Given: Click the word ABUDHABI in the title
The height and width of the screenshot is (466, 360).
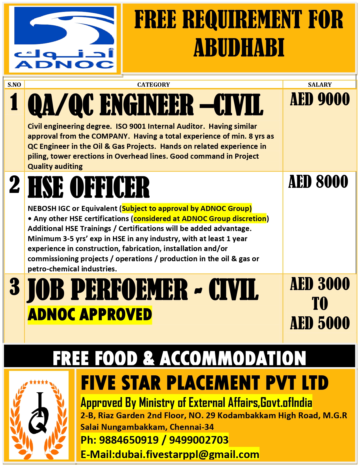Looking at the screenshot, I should point(239,47).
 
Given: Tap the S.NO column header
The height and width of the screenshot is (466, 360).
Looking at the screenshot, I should point(14,85).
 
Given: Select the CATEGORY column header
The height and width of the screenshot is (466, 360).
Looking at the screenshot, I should point(154,85).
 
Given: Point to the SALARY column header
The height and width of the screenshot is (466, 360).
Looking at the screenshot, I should point(320,85).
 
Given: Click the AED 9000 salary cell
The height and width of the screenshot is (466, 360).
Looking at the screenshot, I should point(320,99).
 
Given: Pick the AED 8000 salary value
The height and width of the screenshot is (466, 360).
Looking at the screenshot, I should point(318,182).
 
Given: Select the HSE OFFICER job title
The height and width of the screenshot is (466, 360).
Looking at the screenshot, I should point(89,187).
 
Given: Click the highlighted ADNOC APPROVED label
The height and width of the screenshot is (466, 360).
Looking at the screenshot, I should point(90,315).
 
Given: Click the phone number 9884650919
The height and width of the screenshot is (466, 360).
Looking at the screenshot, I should point(129,440).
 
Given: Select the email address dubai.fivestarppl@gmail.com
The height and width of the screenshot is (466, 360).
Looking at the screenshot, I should point(187,454).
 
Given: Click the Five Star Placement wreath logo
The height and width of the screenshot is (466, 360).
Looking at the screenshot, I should point(39,415).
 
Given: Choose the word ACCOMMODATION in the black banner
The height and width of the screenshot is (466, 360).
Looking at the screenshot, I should point(233,358).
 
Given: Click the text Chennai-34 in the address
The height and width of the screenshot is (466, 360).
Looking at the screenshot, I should point(192,427).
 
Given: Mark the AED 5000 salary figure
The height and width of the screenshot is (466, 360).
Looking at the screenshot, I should point(320,323).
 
